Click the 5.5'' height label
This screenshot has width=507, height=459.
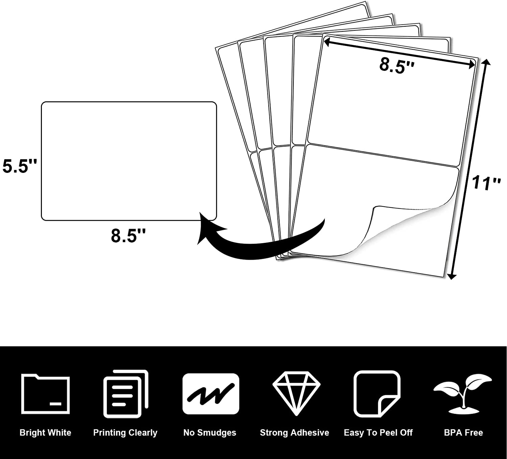[x=20, y=166]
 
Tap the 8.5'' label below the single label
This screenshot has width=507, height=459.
[x=128, y=235]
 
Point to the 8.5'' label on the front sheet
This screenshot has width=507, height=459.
[x=397, y=65]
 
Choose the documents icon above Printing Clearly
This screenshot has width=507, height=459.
[x=126, y=393]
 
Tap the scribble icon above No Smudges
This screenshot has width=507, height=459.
[x=211, y=394]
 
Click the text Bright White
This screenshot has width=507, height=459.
[x=46, y=433]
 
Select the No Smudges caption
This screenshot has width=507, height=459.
[x=210, y=433]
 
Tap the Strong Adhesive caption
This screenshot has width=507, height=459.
[x=294, y=433]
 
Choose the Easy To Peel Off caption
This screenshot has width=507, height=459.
[x=378, y=433]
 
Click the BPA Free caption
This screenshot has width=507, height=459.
[x=463, y=433]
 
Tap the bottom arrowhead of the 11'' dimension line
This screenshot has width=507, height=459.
[x=452, y=276]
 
